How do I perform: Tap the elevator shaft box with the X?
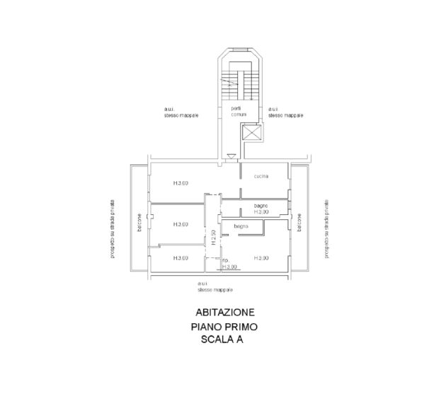pyautogui.click(x=251, y=132)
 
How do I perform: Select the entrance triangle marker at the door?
pyautogui.click(x=230, y=156)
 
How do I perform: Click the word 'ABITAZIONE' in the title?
pyautogui.click(x=225, y=312)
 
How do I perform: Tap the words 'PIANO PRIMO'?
pyautogui.click(x=224, y=327)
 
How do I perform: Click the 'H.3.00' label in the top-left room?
pyautogui.click(x=181, y=184)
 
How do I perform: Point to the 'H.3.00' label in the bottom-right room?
pyautogui.click(x=261, y=258)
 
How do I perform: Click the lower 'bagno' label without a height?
pyautogui.click(x=242, y=226)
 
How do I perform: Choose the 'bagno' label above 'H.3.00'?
pyautogui.click(x=261, y=206)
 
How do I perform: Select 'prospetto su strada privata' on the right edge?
pyautogui.click(x=327, y=228)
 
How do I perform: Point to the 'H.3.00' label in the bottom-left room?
pyautogui.click(x=181, y=258)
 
